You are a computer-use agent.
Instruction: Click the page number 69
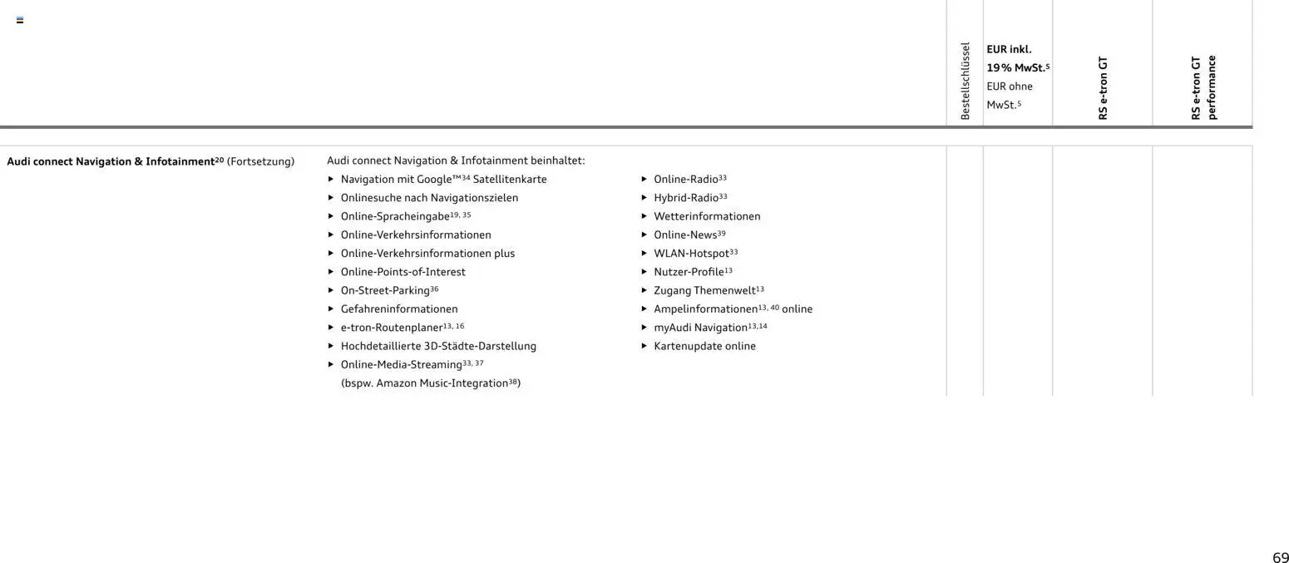[1280, 558]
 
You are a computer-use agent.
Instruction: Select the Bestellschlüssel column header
[965, 81]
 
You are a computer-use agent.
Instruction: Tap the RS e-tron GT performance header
[1203, 87]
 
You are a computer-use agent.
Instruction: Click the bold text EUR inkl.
[1009, 49]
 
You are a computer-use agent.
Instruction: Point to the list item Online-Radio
[685, 179]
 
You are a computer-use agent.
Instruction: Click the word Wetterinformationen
[707, 216]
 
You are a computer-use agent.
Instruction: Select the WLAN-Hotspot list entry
[691, 253]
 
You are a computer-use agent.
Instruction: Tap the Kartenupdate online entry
[704, 346]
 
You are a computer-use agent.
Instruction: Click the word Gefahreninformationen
[399, 309]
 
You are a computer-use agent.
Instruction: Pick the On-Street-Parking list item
[385, 290]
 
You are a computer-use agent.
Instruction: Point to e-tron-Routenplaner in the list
[391, 328]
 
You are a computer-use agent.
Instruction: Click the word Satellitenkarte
[510, 180]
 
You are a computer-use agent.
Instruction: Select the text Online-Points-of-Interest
[403, 272]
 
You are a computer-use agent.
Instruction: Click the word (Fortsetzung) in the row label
[260, 161]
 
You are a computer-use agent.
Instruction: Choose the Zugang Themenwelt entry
[704, 290]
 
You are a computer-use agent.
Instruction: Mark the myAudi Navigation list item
[700, 328]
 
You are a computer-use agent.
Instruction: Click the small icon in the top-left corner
[20, 20]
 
